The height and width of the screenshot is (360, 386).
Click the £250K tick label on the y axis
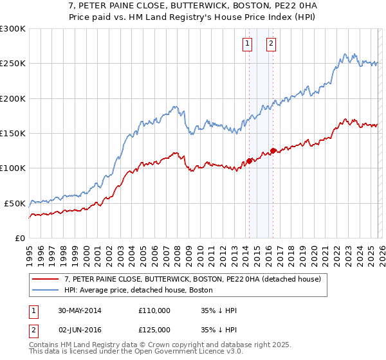pos(13,64)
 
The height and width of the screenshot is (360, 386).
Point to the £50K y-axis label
pos(15,203)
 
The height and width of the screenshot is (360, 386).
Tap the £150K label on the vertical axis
pos(13,133)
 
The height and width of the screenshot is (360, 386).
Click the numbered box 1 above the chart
pos(248,44)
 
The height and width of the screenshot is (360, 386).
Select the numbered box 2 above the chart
pos(271,44)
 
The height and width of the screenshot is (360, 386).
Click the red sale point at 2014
pos(249,161)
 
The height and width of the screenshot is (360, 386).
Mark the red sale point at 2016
pos(273,150)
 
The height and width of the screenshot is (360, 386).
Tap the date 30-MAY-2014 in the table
pos(80,310)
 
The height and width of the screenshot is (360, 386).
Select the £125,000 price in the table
pos(154,330)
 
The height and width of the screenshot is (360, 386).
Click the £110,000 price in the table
pos(154,310)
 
